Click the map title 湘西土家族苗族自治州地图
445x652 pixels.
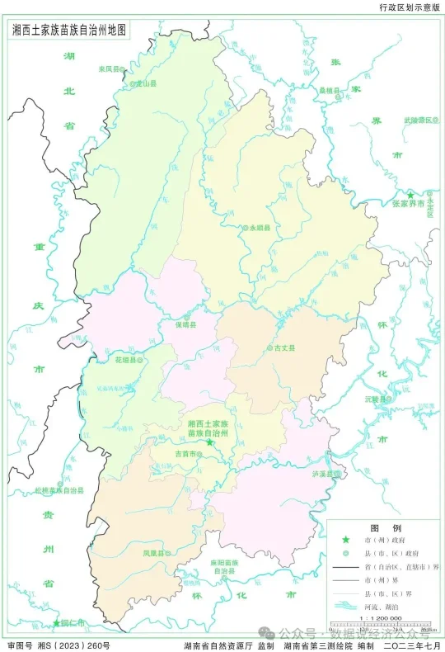[x=71, y=29]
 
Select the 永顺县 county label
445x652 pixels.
[x=260, y=227]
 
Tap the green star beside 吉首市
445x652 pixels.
[x=210, y=443]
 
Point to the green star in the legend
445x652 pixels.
[x=346, y=539]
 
